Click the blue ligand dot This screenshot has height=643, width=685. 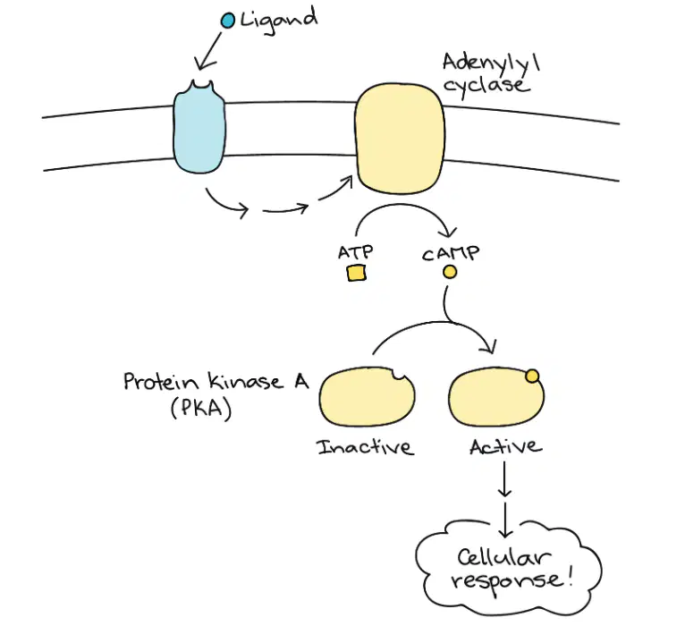point(228,21)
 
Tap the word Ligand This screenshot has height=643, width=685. point(279,21)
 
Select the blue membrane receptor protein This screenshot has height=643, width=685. point(199,127)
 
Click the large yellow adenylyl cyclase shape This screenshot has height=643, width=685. point(400,139)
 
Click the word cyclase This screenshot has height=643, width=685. point(487,85)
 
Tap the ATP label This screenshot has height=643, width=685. point(356,252)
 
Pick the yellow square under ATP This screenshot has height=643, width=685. point(357,274)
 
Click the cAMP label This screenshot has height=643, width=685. point(451,253)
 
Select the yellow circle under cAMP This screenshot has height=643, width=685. point(450,272)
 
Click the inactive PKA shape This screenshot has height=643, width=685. point(367,397)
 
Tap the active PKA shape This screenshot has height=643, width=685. point(496,397)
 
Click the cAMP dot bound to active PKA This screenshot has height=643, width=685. point(532,376)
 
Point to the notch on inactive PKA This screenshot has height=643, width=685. point(399,374)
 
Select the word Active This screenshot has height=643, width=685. point(506,446)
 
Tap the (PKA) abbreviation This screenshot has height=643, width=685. point(201,409)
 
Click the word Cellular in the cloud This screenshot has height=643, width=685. point(503,557)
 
